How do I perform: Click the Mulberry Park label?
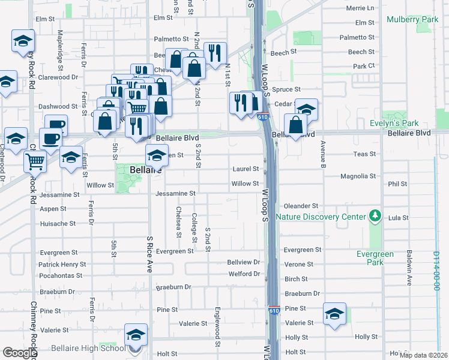click(412, 20)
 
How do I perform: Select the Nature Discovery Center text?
click(321, 217)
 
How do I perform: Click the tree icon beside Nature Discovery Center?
click(375, 215)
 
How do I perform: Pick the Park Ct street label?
click(364, 66)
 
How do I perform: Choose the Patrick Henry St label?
click(62, 265)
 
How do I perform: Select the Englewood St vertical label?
click(217, 327)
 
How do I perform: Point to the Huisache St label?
click(58, 223)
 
